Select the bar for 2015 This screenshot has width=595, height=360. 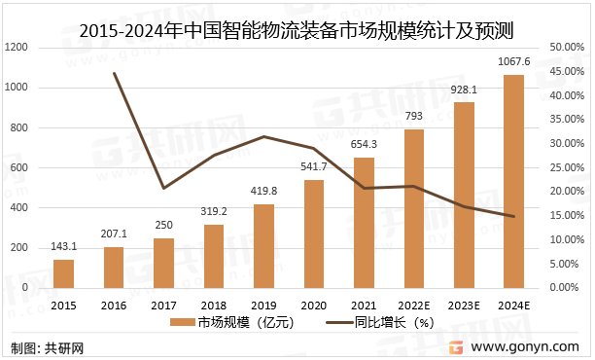(x=63, y=273)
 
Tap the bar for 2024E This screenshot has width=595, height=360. (x=513, y=181)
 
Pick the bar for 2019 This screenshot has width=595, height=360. (x=263, y=246)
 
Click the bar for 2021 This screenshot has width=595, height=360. (x=364, y=223)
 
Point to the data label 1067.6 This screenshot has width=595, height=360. (x=513, y=62)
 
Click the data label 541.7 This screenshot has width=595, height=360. (x=313, y=167)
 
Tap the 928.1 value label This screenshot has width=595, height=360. (x=464, y=90)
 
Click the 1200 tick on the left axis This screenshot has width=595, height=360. (x=19, y=47)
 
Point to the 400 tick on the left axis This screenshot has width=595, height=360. (x=22, y=207)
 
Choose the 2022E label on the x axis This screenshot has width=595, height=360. (x=413, y=306)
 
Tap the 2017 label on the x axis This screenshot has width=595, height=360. (x=163, y=306)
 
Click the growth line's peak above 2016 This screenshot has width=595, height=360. (x=114, y=73)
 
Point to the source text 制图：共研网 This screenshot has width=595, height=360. (x=48, y=347)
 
